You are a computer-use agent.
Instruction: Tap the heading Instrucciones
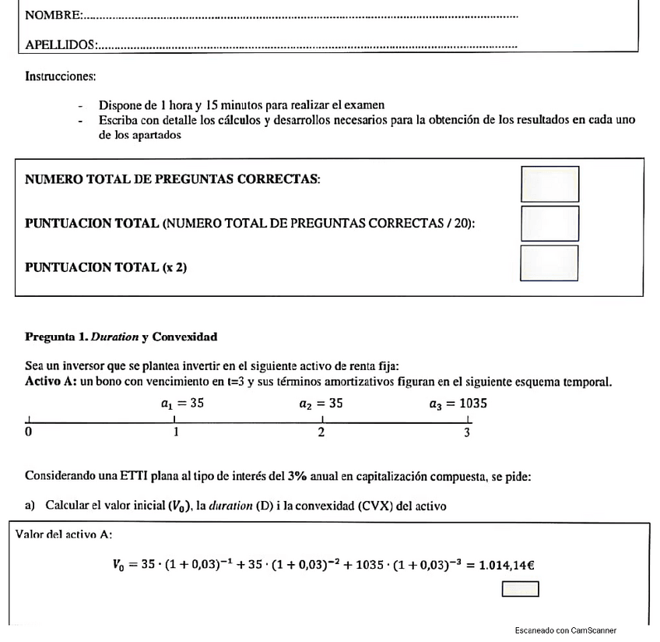[x=60, y=77]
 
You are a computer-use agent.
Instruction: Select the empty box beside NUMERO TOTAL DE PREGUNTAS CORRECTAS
[x=549, y=184]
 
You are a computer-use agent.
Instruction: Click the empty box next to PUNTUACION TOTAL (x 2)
[x=549, y=263]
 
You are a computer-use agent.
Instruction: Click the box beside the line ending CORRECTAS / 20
[x=549, y=223]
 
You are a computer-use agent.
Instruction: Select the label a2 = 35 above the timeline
[x=321, y=404]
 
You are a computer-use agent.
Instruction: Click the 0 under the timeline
[x=29, y=432]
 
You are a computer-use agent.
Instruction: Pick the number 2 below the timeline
[x=321, y=432]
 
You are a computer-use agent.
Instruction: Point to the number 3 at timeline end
[x=467, y=432]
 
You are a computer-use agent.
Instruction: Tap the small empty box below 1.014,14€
[x=520, y=589]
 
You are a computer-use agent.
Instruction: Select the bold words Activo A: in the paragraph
[x=50, y=382]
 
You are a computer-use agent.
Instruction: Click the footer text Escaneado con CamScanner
[x=565, y=630]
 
